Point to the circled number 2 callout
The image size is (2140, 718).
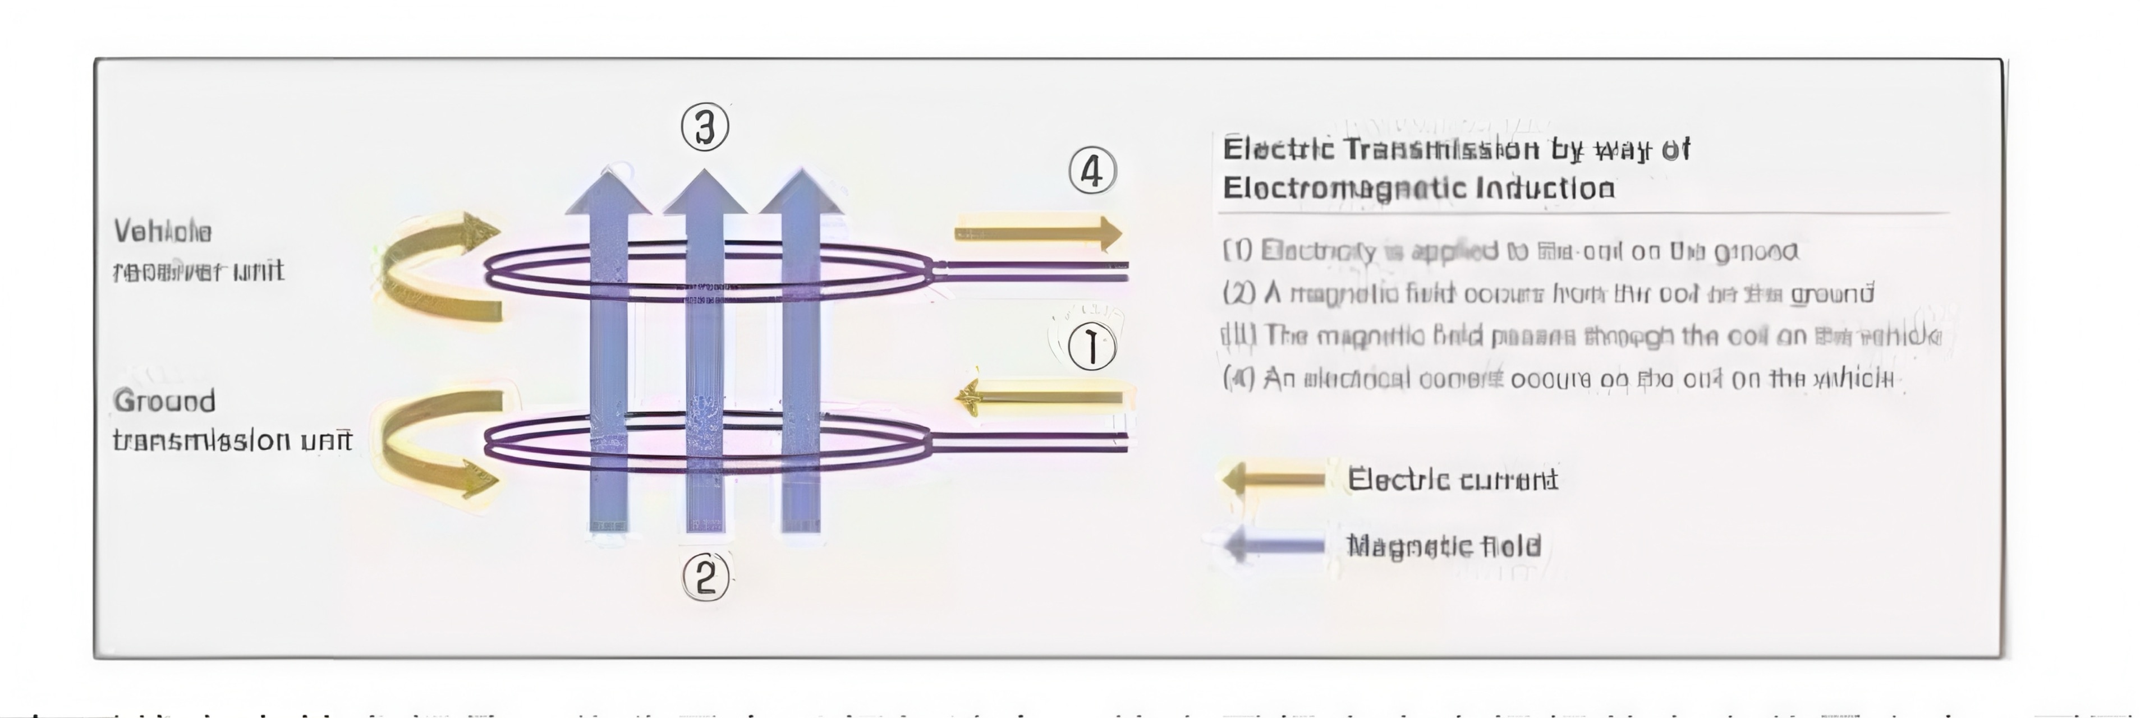(x=705, y=577)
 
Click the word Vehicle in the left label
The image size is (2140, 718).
(x=163, y=232)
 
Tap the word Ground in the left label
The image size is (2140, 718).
(x=164, y=402)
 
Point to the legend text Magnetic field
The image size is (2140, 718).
(x=1444, y=546)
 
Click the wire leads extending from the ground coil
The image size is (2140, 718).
(x=1030, y=443)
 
